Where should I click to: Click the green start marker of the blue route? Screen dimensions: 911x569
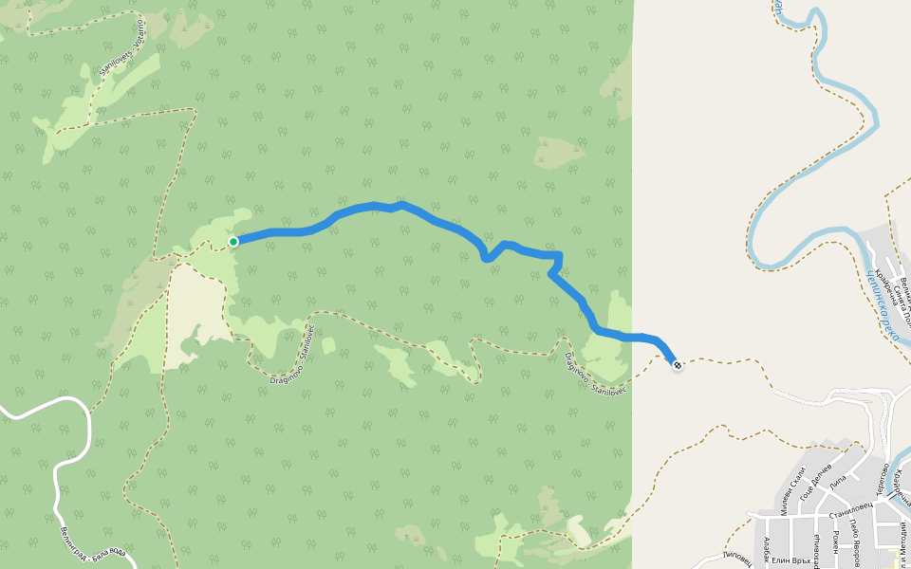pyautogui.click(x=233, y=241)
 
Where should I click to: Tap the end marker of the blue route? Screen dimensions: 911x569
pyautogui.click(x=677, y=364)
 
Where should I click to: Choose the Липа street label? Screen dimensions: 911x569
pyautogui.click(x=837, y=485)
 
